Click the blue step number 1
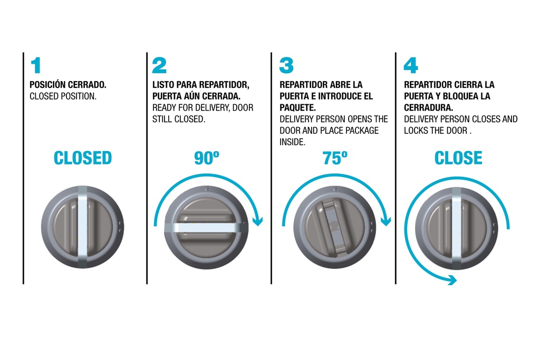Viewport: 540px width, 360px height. coord(36,65)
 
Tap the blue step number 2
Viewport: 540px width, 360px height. coord(159,65)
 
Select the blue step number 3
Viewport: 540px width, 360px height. coord(286,65)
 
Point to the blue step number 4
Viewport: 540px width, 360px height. coord(410,65)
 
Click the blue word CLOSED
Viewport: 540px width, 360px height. coord(83,158)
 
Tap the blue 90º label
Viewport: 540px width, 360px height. coord(207,158)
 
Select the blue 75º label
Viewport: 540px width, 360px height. coord(335,158)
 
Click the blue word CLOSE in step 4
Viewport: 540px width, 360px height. coord(458,158)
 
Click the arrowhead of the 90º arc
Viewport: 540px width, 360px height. coord(257,221)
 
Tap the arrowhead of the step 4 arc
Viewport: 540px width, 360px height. coord(451,280)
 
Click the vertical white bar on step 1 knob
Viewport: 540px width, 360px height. coord(83,227)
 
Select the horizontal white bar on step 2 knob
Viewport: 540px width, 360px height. coord(206,228)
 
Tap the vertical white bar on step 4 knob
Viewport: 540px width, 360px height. coord(456,229)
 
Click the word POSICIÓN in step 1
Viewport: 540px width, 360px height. coord(47,84)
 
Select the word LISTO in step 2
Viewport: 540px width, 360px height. coord(163,85)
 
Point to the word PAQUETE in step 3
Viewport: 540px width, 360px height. coord(297,108)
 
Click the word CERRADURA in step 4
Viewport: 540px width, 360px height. coord(428,108)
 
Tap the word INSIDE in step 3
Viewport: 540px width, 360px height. coord(292,142)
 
